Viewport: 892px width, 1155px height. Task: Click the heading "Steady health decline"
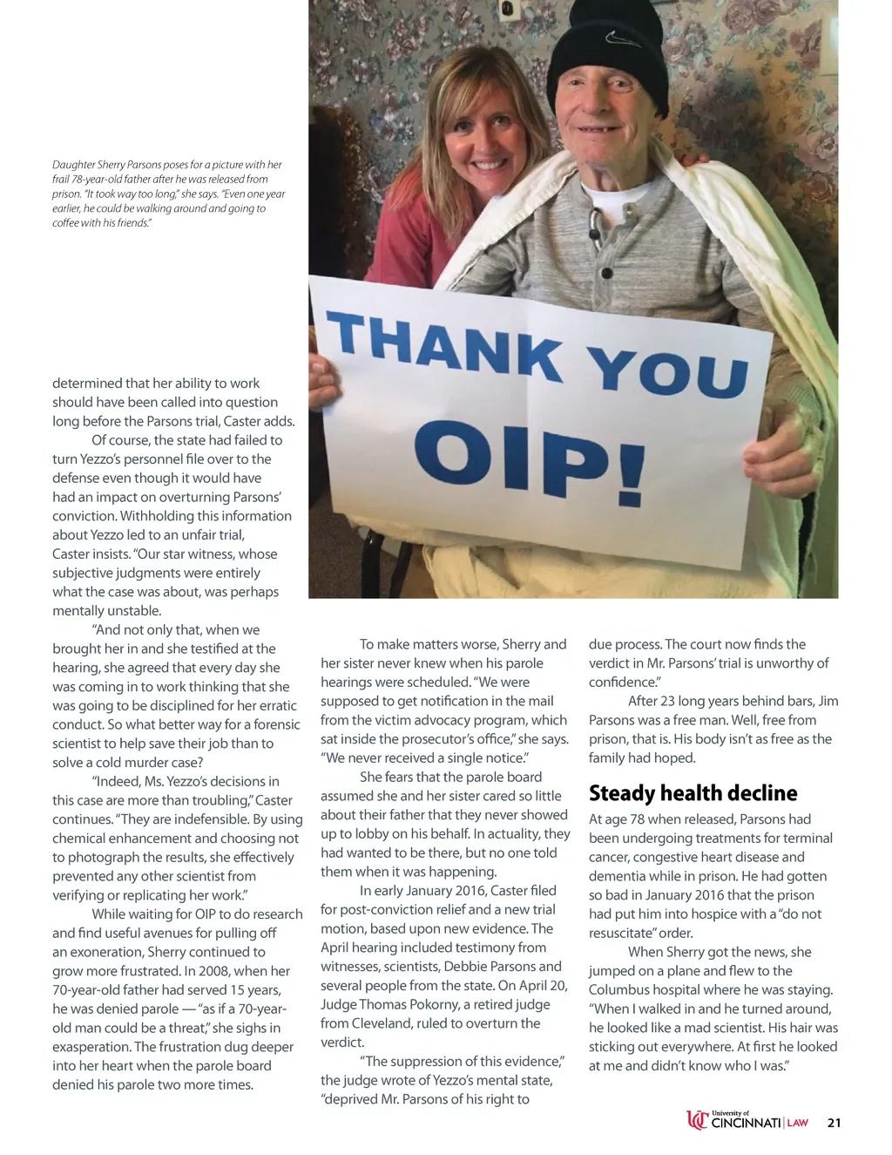coord(693,793)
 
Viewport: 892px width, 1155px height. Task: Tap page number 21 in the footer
coord(834,1123)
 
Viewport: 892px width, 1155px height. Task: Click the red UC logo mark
coord(697,1120)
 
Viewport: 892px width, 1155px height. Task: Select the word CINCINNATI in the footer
coord(746,1124)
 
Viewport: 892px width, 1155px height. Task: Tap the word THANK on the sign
coord(445,347)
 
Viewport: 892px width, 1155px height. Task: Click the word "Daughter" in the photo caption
coord(73,165)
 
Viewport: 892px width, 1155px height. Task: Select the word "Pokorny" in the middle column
coord(435,1004)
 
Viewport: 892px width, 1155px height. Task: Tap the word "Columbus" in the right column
coord(620,989)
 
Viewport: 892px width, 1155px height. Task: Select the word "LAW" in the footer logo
coord(798,1124)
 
